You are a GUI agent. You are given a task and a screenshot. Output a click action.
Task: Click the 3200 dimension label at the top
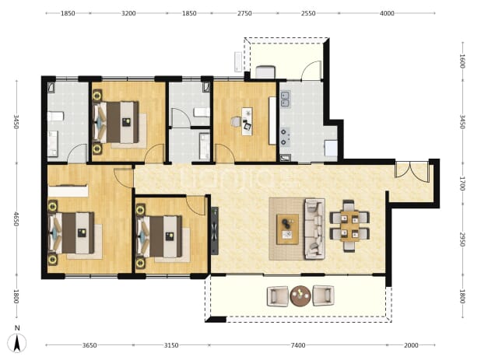coord(128,13)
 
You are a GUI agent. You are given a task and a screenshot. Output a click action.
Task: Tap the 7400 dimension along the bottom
coord(298,345)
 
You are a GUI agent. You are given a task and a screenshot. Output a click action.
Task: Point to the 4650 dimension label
coord(16,219)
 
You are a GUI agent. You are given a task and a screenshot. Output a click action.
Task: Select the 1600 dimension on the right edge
coord(462,61)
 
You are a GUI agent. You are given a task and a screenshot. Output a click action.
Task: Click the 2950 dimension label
coord(462,239)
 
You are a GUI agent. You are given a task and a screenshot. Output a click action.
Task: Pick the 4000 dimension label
coord(387,13)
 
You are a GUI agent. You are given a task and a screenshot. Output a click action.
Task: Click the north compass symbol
coord(17,340)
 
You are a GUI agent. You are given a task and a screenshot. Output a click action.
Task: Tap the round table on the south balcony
coord(300,296)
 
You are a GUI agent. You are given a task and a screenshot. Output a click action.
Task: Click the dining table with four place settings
coord(349,226)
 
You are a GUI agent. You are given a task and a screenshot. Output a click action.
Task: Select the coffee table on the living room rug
coord(287,229)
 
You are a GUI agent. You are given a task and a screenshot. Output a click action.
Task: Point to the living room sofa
coord(314,229)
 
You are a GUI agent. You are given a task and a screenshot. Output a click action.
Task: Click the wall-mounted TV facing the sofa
coord(215,231)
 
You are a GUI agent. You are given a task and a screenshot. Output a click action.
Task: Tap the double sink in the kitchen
coord(286,100)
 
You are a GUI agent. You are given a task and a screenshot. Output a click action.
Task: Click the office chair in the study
coord(236,121)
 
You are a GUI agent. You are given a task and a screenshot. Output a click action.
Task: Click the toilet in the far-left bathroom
coord(55,116)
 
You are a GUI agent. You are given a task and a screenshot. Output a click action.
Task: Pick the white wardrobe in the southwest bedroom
coord(68,190)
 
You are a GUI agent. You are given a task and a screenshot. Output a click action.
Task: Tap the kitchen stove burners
coord(284,137)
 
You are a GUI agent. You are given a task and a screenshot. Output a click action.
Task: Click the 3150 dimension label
coord(171,345)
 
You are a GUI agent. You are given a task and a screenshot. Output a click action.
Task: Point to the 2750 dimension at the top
coord(244,13)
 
